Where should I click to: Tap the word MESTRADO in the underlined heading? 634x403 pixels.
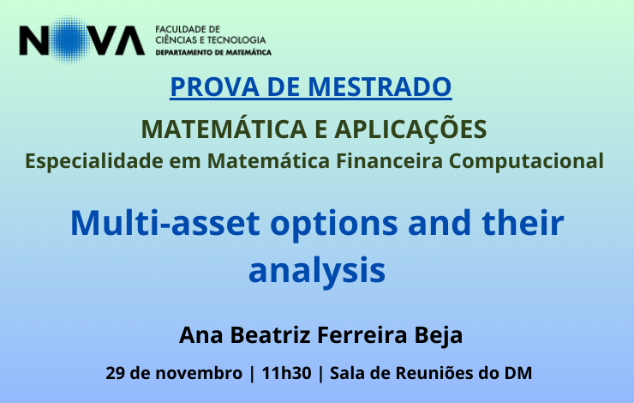380,87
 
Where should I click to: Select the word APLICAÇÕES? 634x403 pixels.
410,130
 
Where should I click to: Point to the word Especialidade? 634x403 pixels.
94,160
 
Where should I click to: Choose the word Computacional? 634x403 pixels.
526,161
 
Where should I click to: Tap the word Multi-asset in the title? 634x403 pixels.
165,223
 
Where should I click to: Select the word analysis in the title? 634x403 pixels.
317,271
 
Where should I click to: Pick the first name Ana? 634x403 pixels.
200,335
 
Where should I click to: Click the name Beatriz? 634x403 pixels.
271,335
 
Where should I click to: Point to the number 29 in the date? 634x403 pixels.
115,373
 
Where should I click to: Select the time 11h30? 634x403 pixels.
286,373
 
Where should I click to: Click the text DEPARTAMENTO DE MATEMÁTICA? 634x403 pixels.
213,52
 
